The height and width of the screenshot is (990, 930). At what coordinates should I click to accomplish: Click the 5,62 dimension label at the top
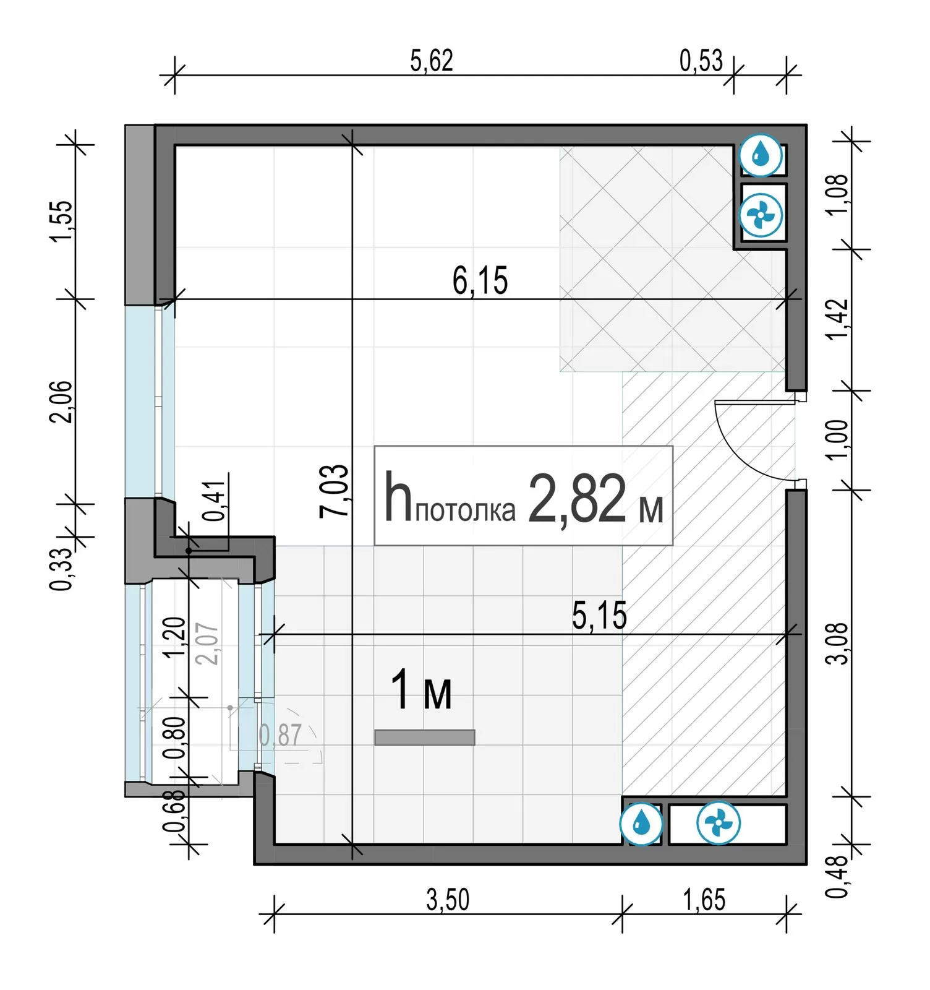(x=432, y=61)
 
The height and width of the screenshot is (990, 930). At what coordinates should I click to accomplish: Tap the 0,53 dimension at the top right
(x=701, y=61)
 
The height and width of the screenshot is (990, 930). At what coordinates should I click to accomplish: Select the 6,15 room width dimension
(x=480, y=281)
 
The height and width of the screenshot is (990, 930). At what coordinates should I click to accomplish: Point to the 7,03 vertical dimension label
(x=335, y=491)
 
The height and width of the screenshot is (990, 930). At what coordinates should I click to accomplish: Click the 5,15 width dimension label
(x=599, y=616)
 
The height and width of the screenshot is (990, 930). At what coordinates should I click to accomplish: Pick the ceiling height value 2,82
(x=577, y=499)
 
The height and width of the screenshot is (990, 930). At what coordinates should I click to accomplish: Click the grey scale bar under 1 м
(x=425, y=738)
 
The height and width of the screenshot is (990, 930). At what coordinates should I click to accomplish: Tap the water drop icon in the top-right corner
(x=761, y=155)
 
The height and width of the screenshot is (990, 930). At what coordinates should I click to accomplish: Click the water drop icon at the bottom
(x=642, y=824)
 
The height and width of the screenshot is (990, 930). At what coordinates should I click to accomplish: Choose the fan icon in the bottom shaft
(x=718, y=824)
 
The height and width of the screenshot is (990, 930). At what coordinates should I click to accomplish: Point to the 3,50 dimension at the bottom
(x=448, y=900)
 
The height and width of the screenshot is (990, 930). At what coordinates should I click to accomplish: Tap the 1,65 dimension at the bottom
(x=704, y=900)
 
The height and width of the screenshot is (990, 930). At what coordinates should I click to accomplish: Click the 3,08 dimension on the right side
(x=838, y=643)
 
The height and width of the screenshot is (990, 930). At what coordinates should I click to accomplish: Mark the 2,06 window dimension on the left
(x=61, y=402)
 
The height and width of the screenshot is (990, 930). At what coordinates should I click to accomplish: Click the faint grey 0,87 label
(x=280, y=735)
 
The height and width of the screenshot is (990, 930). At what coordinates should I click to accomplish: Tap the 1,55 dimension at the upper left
(x=62, y=222)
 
